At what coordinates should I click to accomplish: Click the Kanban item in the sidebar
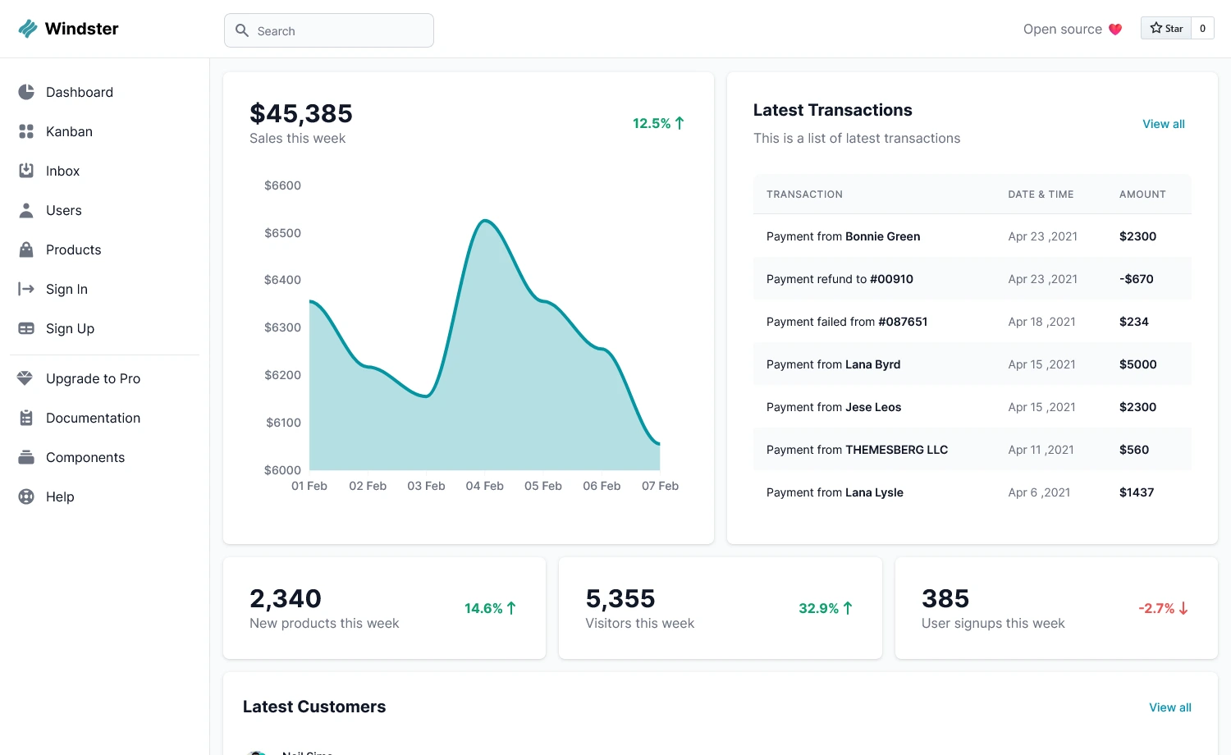69,131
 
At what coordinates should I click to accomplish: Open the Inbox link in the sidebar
62,171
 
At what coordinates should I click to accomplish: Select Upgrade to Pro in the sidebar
93,378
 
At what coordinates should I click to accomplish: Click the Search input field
328,30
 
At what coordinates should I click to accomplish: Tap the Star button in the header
1166,28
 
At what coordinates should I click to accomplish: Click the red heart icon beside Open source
1115,30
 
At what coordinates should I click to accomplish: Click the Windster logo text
81,29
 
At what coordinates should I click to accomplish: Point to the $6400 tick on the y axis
282,280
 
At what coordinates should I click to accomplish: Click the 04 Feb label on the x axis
484,486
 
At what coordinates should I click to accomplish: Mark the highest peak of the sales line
485,221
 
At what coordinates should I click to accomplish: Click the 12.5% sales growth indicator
657,123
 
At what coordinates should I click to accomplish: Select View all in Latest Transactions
1163,124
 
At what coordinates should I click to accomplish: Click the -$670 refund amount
1136,279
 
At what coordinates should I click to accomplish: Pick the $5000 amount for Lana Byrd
1137,364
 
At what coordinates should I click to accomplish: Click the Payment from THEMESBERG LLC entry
857,450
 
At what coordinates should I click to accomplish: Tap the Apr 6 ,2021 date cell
1039,492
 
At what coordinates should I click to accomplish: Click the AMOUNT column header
1142,194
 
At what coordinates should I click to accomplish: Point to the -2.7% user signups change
1162,608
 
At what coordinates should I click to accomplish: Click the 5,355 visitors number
620,598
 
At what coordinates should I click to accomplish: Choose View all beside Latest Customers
1169,707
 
